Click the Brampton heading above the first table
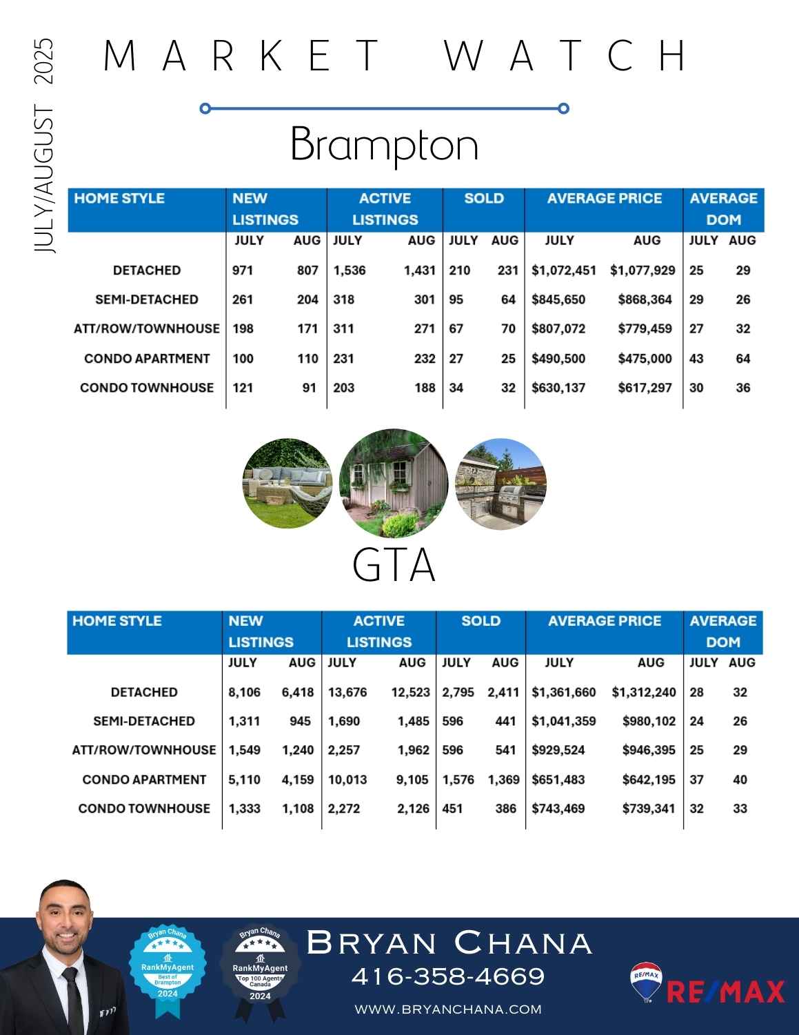(384, 144)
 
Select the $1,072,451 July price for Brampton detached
(563, 270)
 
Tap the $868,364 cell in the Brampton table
(645, 299)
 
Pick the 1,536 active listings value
(350, 270)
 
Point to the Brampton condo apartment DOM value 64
(742, 359)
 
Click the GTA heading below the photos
(394, 566)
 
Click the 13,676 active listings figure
(347, 692)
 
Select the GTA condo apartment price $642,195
(649, 780)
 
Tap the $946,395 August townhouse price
(649, 750)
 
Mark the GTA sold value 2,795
(458, 692)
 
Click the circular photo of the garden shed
(394, 484)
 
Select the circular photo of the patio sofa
(287, 483)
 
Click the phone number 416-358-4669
(448, 976)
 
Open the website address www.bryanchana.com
(448, 1009)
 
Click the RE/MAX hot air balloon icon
(646, 982)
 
